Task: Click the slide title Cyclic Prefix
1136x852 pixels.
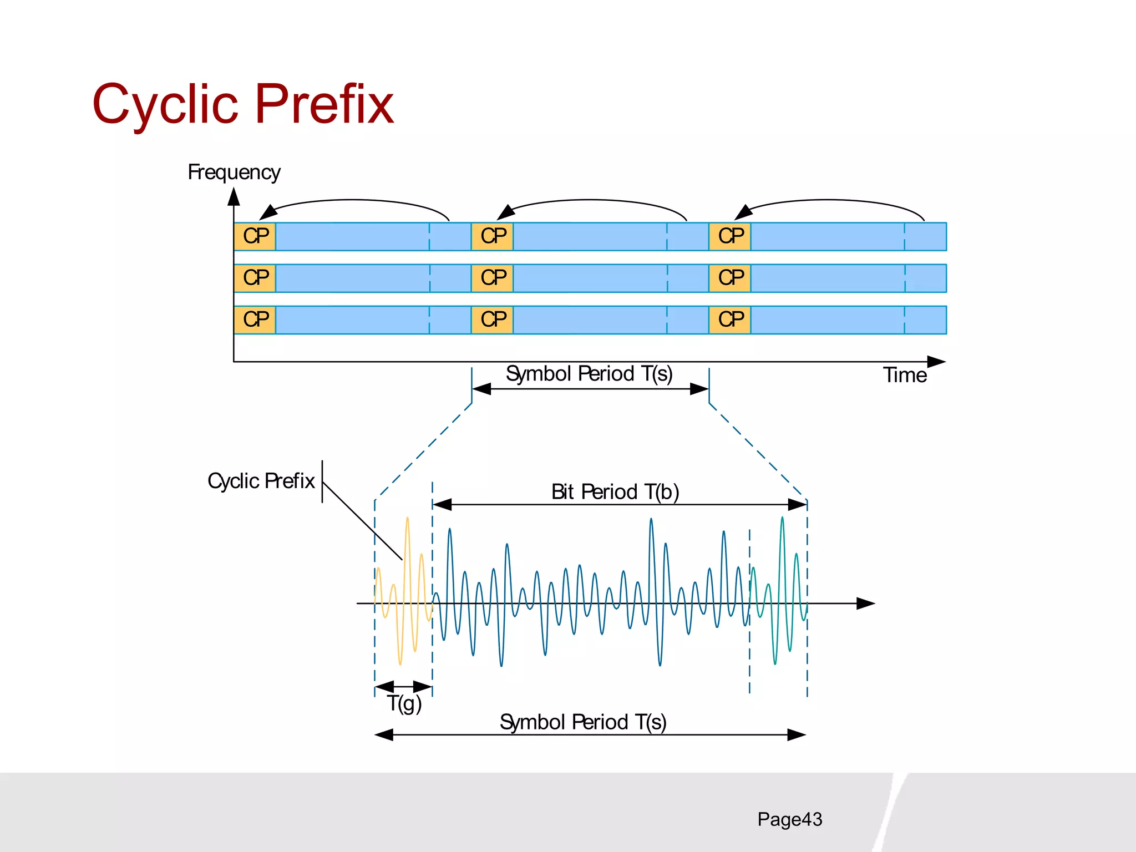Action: pos(242,104)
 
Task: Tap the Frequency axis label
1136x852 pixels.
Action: pos(234,173)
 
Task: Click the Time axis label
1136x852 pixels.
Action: pos(905,376)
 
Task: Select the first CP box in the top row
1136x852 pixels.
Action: pos(255,236)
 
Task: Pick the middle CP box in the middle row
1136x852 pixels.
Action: pos(493,278)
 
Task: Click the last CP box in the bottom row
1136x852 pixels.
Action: pos(730,319)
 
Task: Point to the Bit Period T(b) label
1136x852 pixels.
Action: pos(615,492)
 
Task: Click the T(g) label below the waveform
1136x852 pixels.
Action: pos(404,704)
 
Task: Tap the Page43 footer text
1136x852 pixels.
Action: pos(789,819)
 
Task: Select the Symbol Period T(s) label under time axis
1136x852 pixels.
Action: pos(589,374)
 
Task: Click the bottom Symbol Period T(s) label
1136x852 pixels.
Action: pos(582,722)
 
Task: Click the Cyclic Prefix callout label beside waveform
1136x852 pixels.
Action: pos(261,481)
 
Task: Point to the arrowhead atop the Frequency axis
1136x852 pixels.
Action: pos(234,196)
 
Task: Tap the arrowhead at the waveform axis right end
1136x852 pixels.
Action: pos(866,603)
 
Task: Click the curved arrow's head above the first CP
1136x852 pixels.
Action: pos(268,212)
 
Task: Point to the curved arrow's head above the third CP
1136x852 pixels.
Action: pos(743,212)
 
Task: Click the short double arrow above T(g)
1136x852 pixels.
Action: pos(403,687)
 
